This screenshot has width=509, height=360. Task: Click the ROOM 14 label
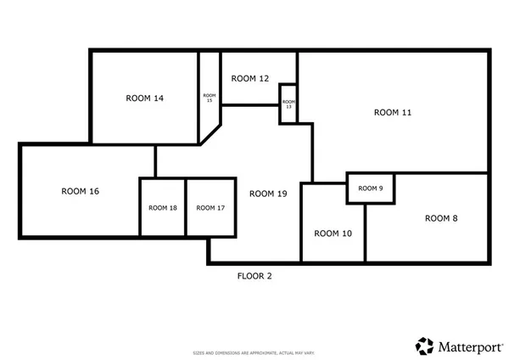coord(144,98)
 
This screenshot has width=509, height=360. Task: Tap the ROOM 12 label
coord(250,78)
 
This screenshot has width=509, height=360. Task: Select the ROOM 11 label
coord(393,112)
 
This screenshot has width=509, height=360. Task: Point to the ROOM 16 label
coord(81,191)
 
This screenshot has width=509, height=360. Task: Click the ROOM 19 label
coord(268,194)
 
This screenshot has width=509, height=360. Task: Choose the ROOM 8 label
coord(441,218)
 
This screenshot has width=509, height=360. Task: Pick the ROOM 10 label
coord(333,233)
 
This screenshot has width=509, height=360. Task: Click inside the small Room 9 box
coord(370,188)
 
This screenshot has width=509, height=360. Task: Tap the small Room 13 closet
coord(288,104)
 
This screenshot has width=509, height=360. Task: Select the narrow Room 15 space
coord(209,98)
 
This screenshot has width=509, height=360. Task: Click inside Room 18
coord(163,208)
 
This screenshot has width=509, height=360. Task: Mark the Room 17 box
coord(210,208)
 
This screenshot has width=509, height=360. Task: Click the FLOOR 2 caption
coord(254,275)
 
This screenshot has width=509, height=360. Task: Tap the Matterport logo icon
coord(424,346)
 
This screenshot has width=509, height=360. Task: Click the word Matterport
coord(467,346)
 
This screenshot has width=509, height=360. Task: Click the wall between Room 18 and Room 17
coord(186,208)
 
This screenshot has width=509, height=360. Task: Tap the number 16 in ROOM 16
coord(93,191)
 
